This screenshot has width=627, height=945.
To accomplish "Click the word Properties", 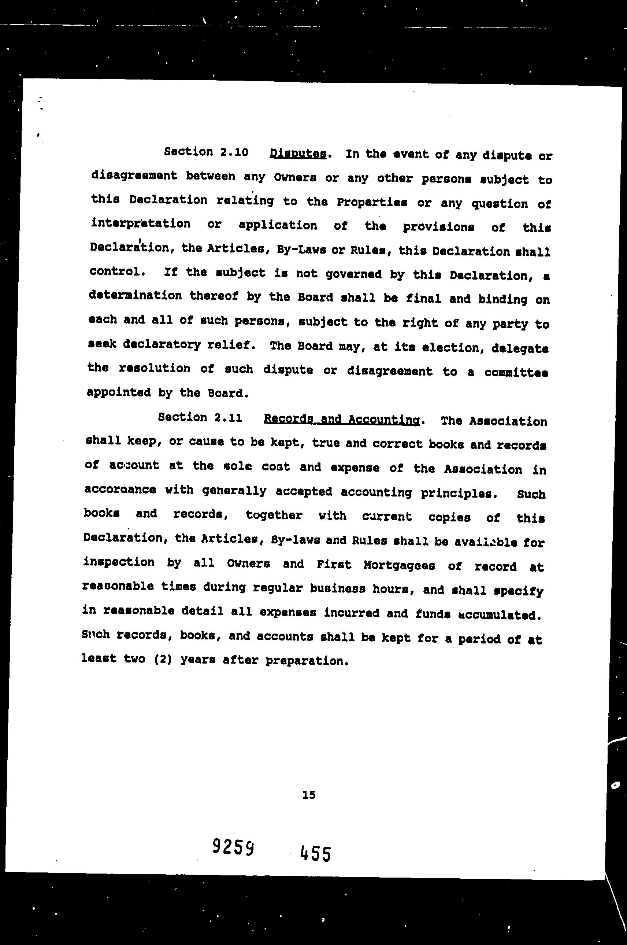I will [x=371, y=202].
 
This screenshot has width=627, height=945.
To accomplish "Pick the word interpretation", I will [x=140, y=224].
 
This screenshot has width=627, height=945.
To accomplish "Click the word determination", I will [x=135, y=296].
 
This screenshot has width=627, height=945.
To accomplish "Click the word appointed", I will [x=119, y=392].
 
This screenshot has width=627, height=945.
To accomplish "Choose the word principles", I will [x=459, y=493].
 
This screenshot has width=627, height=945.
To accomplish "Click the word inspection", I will [x=119, y=562].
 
